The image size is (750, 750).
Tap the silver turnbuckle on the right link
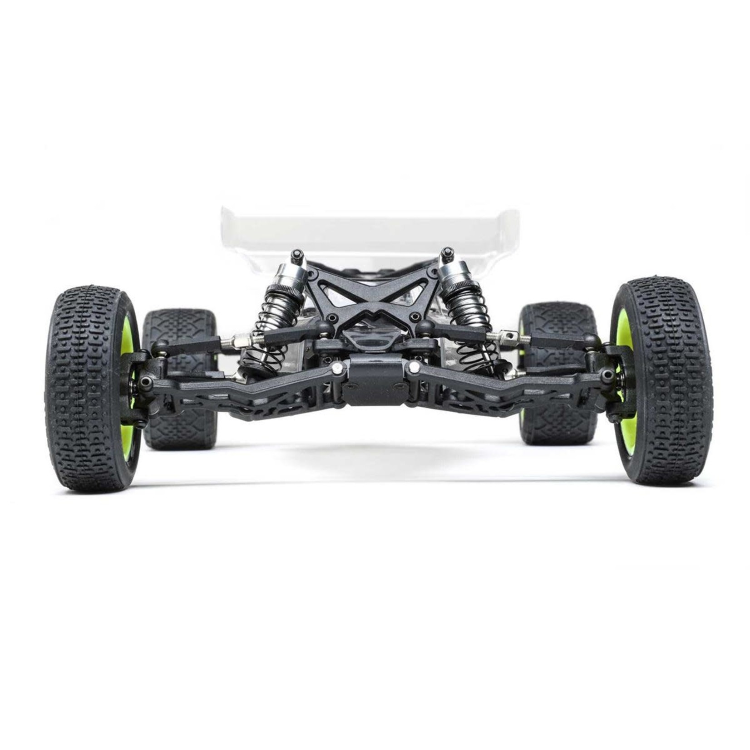(x=504, y=336)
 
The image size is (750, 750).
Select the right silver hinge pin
(x=414, y=365)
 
